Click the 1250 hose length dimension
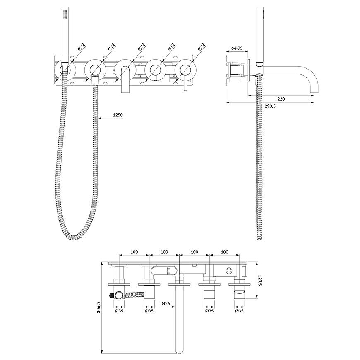coord(118,115)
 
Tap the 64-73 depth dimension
coord(237,48)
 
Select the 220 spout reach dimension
coord(281,99)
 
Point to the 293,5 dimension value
coord(270,106)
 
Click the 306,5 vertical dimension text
coord(99,307)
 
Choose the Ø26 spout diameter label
coord(166,304)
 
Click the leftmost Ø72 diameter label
coord(82,47)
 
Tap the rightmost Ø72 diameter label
coord(201,47)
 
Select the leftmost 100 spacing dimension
coord(134,252)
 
